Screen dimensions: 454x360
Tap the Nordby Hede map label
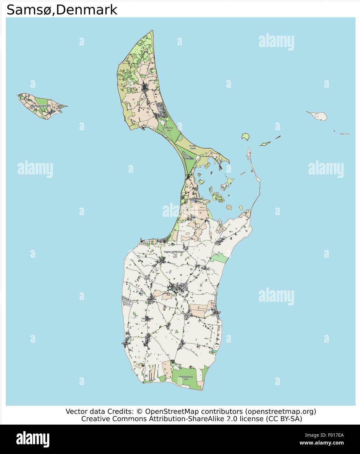tap(193, 147)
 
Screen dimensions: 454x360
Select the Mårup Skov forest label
tap(169, 129)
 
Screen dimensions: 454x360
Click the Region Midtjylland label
tap(174, 252)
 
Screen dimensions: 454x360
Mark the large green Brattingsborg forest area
tap(184, 379)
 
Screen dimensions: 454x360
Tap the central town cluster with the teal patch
tap(176, 288)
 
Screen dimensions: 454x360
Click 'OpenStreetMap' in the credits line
tap(177, 411)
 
